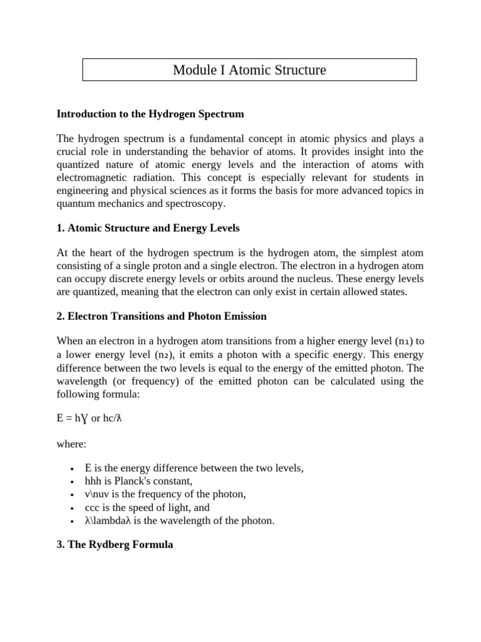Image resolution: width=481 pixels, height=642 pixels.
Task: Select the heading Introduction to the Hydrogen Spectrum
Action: click(x=150, y=114)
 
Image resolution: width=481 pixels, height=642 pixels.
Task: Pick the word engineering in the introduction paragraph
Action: click(x=85, y=191)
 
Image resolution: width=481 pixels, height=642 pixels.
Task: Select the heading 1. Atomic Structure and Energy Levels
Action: click(x=148, y=228)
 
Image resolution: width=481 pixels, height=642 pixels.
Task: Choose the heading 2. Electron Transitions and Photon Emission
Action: click(x=162, y=317)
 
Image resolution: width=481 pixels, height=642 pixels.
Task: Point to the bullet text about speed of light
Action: click(x=147, y=507)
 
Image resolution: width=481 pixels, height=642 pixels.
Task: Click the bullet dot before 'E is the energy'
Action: click(x=73, y=469)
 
